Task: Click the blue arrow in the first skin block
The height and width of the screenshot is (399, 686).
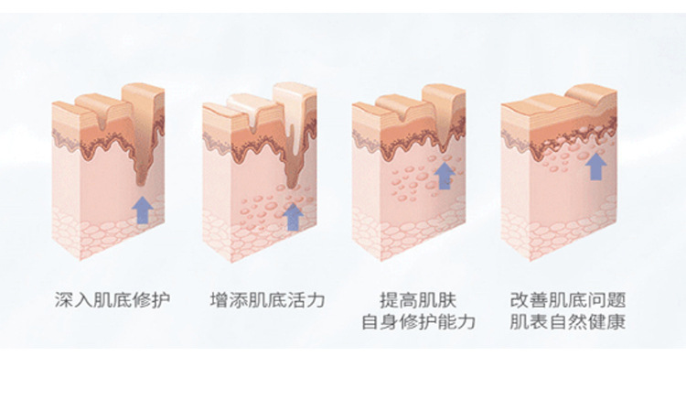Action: (142, 210)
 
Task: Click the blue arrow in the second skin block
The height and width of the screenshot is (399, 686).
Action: (293, 216)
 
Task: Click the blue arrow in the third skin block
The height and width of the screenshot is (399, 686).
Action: (445, 175)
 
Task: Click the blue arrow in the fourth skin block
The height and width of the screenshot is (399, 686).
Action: (595, 166)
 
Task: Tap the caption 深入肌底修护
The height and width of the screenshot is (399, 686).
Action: (113, 299)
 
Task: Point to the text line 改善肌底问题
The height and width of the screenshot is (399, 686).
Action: (567, 299)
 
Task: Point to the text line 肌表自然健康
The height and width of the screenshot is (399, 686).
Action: (567, 322)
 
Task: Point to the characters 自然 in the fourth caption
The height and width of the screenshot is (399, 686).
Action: (567, 322)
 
